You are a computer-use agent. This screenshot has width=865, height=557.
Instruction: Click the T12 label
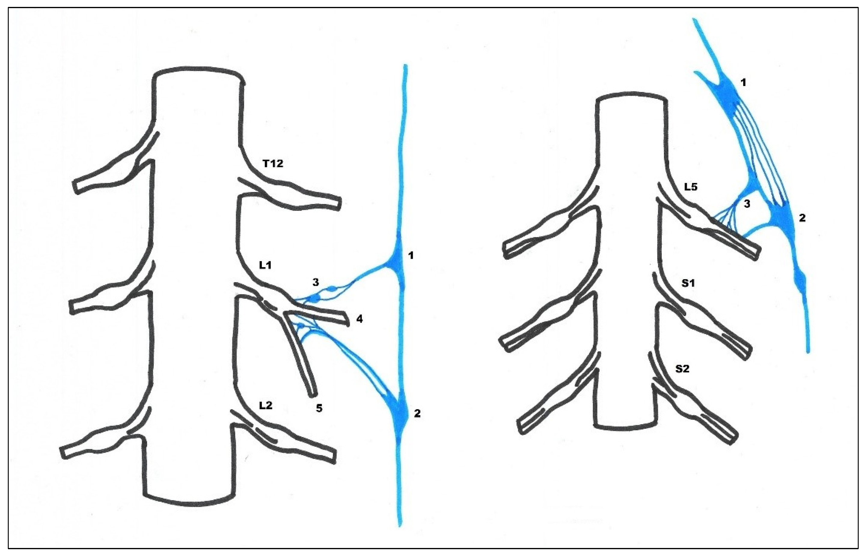(x=273, y=163)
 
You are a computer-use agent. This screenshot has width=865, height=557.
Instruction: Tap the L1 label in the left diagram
(x=265, y=265)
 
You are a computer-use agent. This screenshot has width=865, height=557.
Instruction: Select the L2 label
(x=265, y=405)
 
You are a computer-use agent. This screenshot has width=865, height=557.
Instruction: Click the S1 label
(x=688, y=283)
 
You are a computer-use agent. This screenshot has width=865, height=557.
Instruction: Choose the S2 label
(x=682, y=369)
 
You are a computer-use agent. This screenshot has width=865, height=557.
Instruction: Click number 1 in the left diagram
(x=410, y=256)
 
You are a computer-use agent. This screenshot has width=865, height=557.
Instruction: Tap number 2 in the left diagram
(x=417, y=413)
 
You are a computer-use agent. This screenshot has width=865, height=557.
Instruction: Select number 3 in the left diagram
(x=316, y=283)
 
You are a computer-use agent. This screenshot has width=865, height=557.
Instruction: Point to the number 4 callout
(x=359, y=319)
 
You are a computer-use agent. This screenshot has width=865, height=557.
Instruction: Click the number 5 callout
(x=319, y=408)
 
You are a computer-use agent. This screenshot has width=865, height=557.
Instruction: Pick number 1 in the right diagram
(x=743, y=83)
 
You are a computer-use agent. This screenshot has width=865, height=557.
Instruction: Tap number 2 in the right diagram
(x=802, y=218)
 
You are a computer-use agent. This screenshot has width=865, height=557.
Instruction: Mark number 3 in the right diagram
(x=747, y=204)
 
